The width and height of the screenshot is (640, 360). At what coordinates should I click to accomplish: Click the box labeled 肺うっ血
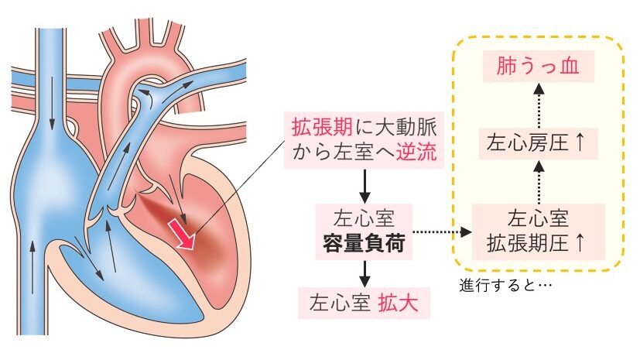pos(539,67)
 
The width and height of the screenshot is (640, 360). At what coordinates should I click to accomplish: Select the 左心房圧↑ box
pos(539,142)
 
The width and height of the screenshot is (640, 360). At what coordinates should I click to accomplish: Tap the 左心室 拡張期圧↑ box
pos(539,231)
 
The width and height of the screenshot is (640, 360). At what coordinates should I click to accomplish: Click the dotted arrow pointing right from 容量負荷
pos(441,231)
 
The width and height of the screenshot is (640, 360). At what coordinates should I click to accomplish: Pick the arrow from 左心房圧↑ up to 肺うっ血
pos(539,105)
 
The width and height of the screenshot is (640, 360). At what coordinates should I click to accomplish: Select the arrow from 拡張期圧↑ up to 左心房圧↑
pos(539,182)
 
